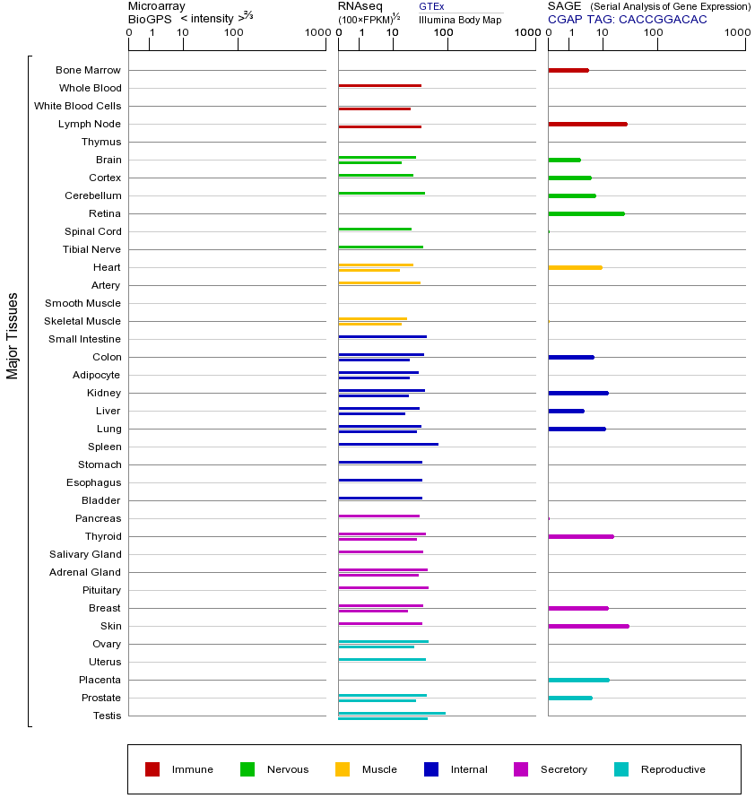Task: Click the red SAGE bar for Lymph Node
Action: point(587,124)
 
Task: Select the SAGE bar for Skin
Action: point(588,626)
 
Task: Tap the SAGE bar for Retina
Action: point(586,213)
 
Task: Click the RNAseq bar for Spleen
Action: point(388,444)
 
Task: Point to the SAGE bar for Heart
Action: point(575,267)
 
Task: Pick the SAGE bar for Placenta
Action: point(578,680)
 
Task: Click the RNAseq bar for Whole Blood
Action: point(379,85)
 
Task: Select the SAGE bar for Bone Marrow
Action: point(568,70)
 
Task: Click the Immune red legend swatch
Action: point(152,769)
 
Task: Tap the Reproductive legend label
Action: point(673,769)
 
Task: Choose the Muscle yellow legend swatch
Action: point(343,769)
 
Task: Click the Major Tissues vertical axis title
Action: point(13,335)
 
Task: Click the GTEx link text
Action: point(431,6)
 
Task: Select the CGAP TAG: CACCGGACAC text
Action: point(627,19)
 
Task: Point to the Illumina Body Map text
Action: point(460,20)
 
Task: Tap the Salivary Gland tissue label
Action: point(85,554)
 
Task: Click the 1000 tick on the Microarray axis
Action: point(316,32)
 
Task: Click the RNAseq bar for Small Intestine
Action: point(382,336)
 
